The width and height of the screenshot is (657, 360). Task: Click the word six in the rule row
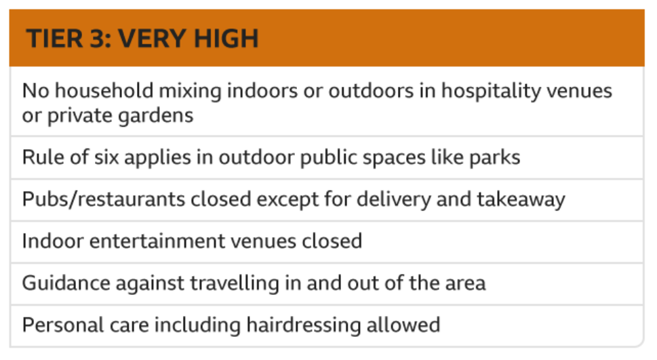pyautogui.click(x=106, y=157)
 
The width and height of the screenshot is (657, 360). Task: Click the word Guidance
pyautogui.click(x=66, y=283)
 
